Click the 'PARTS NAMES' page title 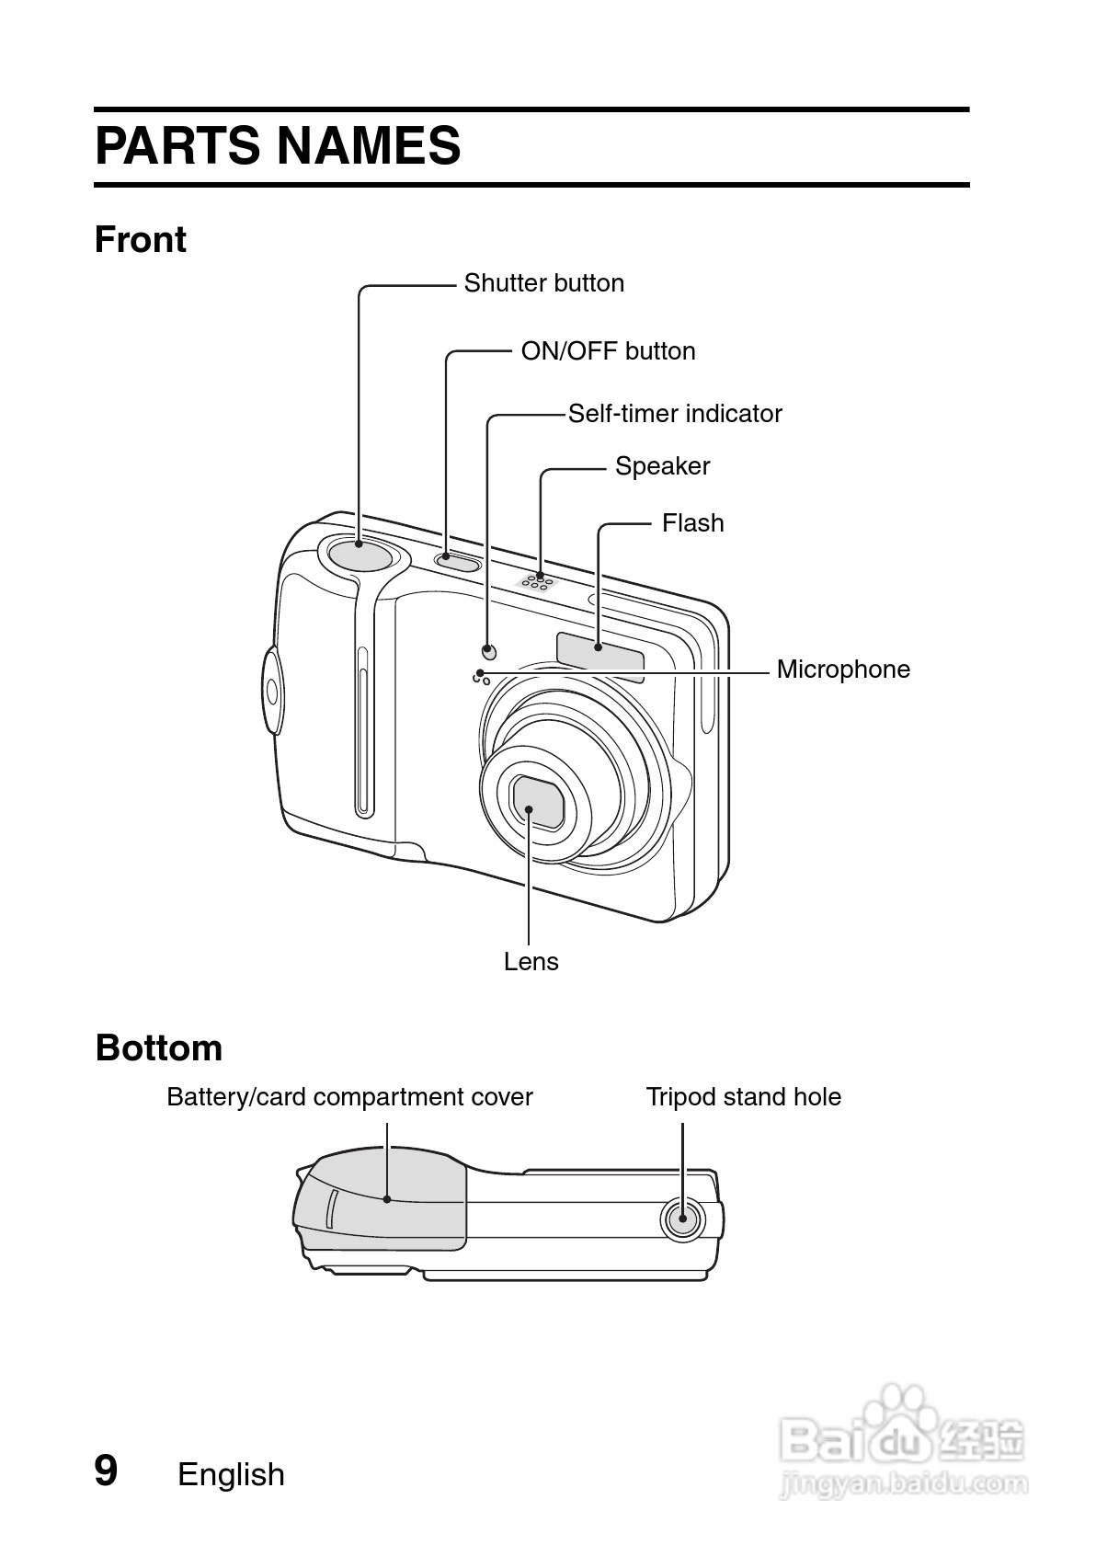278,146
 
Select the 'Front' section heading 141,240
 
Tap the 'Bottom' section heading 159,1048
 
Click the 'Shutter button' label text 543,283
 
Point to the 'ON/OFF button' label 608,351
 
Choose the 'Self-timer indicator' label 675,414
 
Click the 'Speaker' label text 662,466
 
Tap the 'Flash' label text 692,523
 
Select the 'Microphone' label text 843,669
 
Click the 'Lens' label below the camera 531,962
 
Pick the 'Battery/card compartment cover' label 349,1097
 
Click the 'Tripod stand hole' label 743,1097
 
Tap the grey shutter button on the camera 357,554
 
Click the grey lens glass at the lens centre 538,801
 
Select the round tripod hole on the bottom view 681,1219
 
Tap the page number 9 107,1471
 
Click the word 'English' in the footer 231,1475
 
